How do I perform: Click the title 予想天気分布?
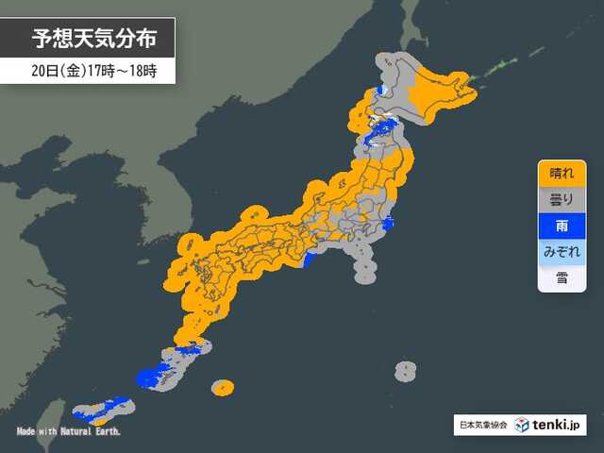91,39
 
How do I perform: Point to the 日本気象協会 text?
482,426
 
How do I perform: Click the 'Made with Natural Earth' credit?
68,431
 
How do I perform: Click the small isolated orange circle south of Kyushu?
222,387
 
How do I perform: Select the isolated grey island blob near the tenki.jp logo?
405,371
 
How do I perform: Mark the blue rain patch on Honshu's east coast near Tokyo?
388,225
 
